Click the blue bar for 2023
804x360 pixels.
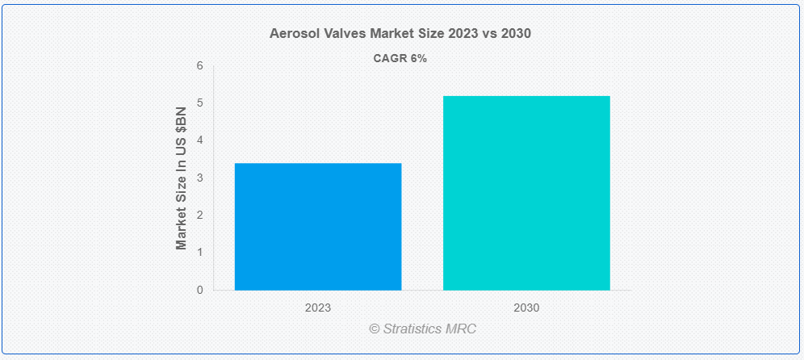coord(317,227)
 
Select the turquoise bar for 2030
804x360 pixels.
coord(526,193)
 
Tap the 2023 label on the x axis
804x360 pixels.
coord(317,308)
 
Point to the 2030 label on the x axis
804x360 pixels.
coord(526,308)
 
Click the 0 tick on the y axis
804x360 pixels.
coord(200,290)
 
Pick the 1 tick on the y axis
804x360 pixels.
coord(200,253)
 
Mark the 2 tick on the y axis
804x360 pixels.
coord(200,215)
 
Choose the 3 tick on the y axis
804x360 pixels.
coord(200,178)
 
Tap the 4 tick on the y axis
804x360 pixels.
coord(200,140)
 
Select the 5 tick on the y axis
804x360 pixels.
coord(200,103)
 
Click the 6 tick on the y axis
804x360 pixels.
coord(200,66)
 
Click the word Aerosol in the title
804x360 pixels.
coord(292,34)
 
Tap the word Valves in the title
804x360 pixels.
coord(343,34)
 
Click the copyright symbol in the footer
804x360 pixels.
coord(375,329)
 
